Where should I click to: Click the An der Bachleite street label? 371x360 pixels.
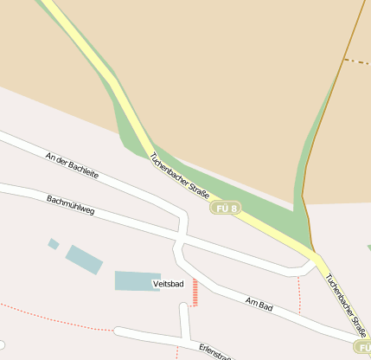coord(73,163)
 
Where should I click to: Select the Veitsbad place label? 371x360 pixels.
coord(168,284)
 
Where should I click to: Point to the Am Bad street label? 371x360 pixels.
coord(259,305)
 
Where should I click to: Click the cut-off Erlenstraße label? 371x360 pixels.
coord(215,351)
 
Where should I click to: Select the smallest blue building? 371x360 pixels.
coord(54,244)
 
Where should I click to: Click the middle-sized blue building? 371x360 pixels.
coord(84,259)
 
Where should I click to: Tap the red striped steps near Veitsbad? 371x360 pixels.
coord(195,292)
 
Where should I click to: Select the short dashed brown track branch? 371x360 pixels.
coord(356,61)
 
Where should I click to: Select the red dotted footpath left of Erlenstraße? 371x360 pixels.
coord(52,317)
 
